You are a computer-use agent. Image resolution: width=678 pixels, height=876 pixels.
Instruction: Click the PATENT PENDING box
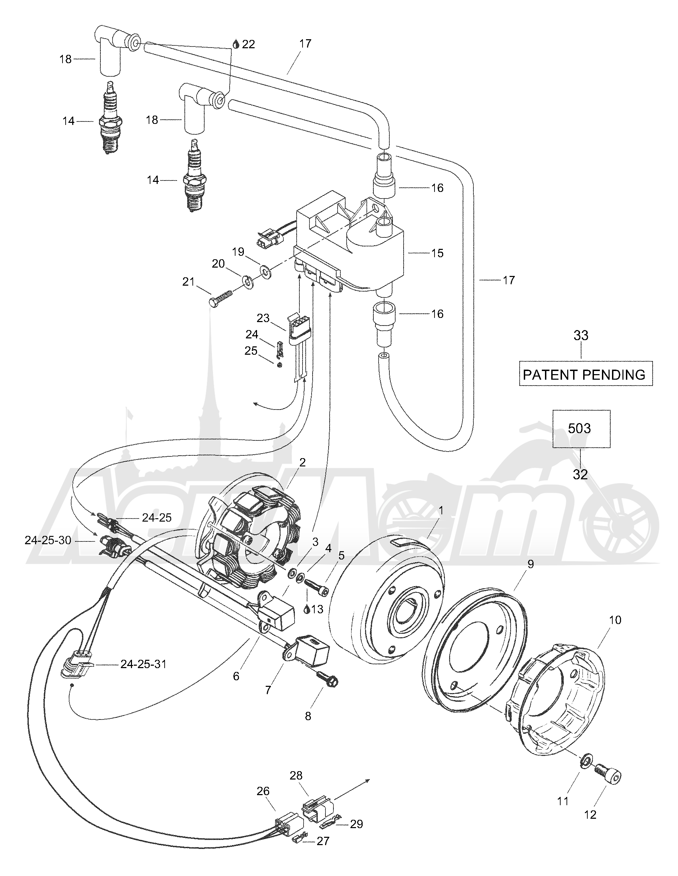point(586,373)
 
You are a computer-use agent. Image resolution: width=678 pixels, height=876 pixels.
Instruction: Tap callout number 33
point(581,335)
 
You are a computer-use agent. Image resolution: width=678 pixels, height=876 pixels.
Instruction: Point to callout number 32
point(580,474)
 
